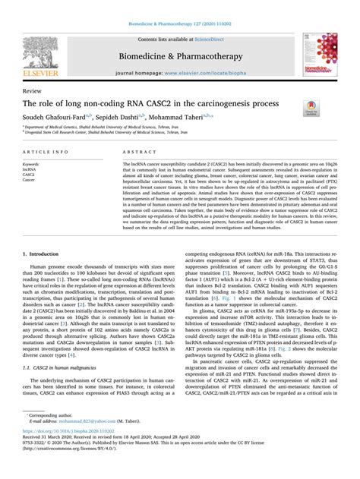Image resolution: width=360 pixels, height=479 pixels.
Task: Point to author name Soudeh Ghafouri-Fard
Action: coord(55,118)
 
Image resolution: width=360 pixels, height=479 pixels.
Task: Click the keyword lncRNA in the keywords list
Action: coord(33,169)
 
